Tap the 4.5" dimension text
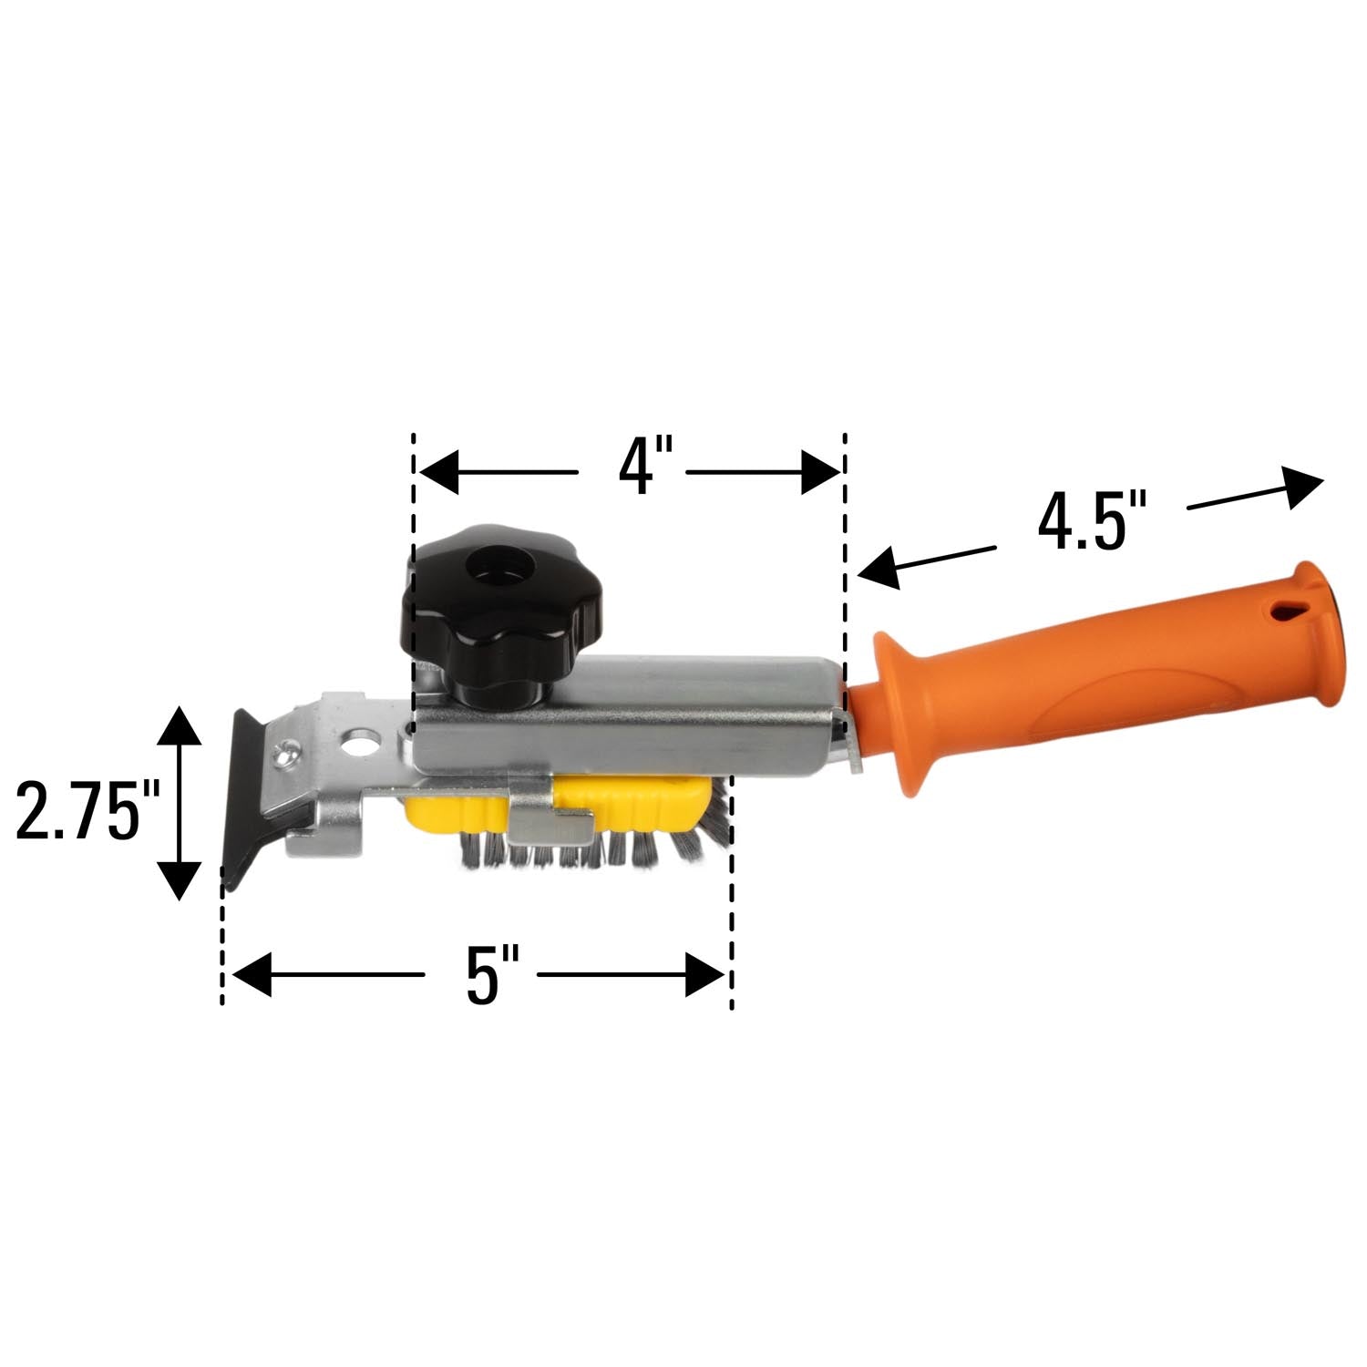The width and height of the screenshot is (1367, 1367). click(1091, 521)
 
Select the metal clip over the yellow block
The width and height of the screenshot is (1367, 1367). click(547, 816)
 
